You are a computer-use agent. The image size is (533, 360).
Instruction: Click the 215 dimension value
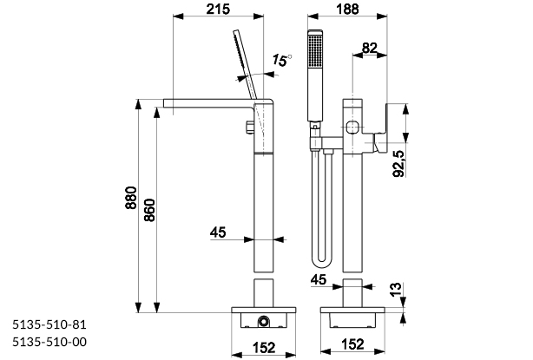tap(218, 10)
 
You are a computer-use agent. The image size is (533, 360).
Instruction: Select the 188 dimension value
tap(351, 10)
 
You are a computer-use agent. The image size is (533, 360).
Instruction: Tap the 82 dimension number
tap(369, 48)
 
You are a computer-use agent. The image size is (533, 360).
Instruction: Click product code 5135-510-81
tap(50, 324)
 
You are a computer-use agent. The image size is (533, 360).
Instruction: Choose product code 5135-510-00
tap(50, 341)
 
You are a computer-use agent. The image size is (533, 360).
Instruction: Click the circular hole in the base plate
tap(261, 323)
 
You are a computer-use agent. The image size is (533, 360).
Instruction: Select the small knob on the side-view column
tap(248, 130)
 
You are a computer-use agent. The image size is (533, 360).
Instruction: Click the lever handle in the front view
tap(380, 139)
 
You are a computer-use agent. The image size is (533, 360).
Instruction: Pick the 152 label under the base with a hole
tap(264, 347)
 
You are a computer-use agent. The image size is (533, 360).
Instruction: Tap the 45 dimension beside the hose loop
tap(319, 279)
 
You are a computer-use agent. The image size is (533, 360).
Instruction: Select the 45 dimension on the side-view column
tap(218, 232)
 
